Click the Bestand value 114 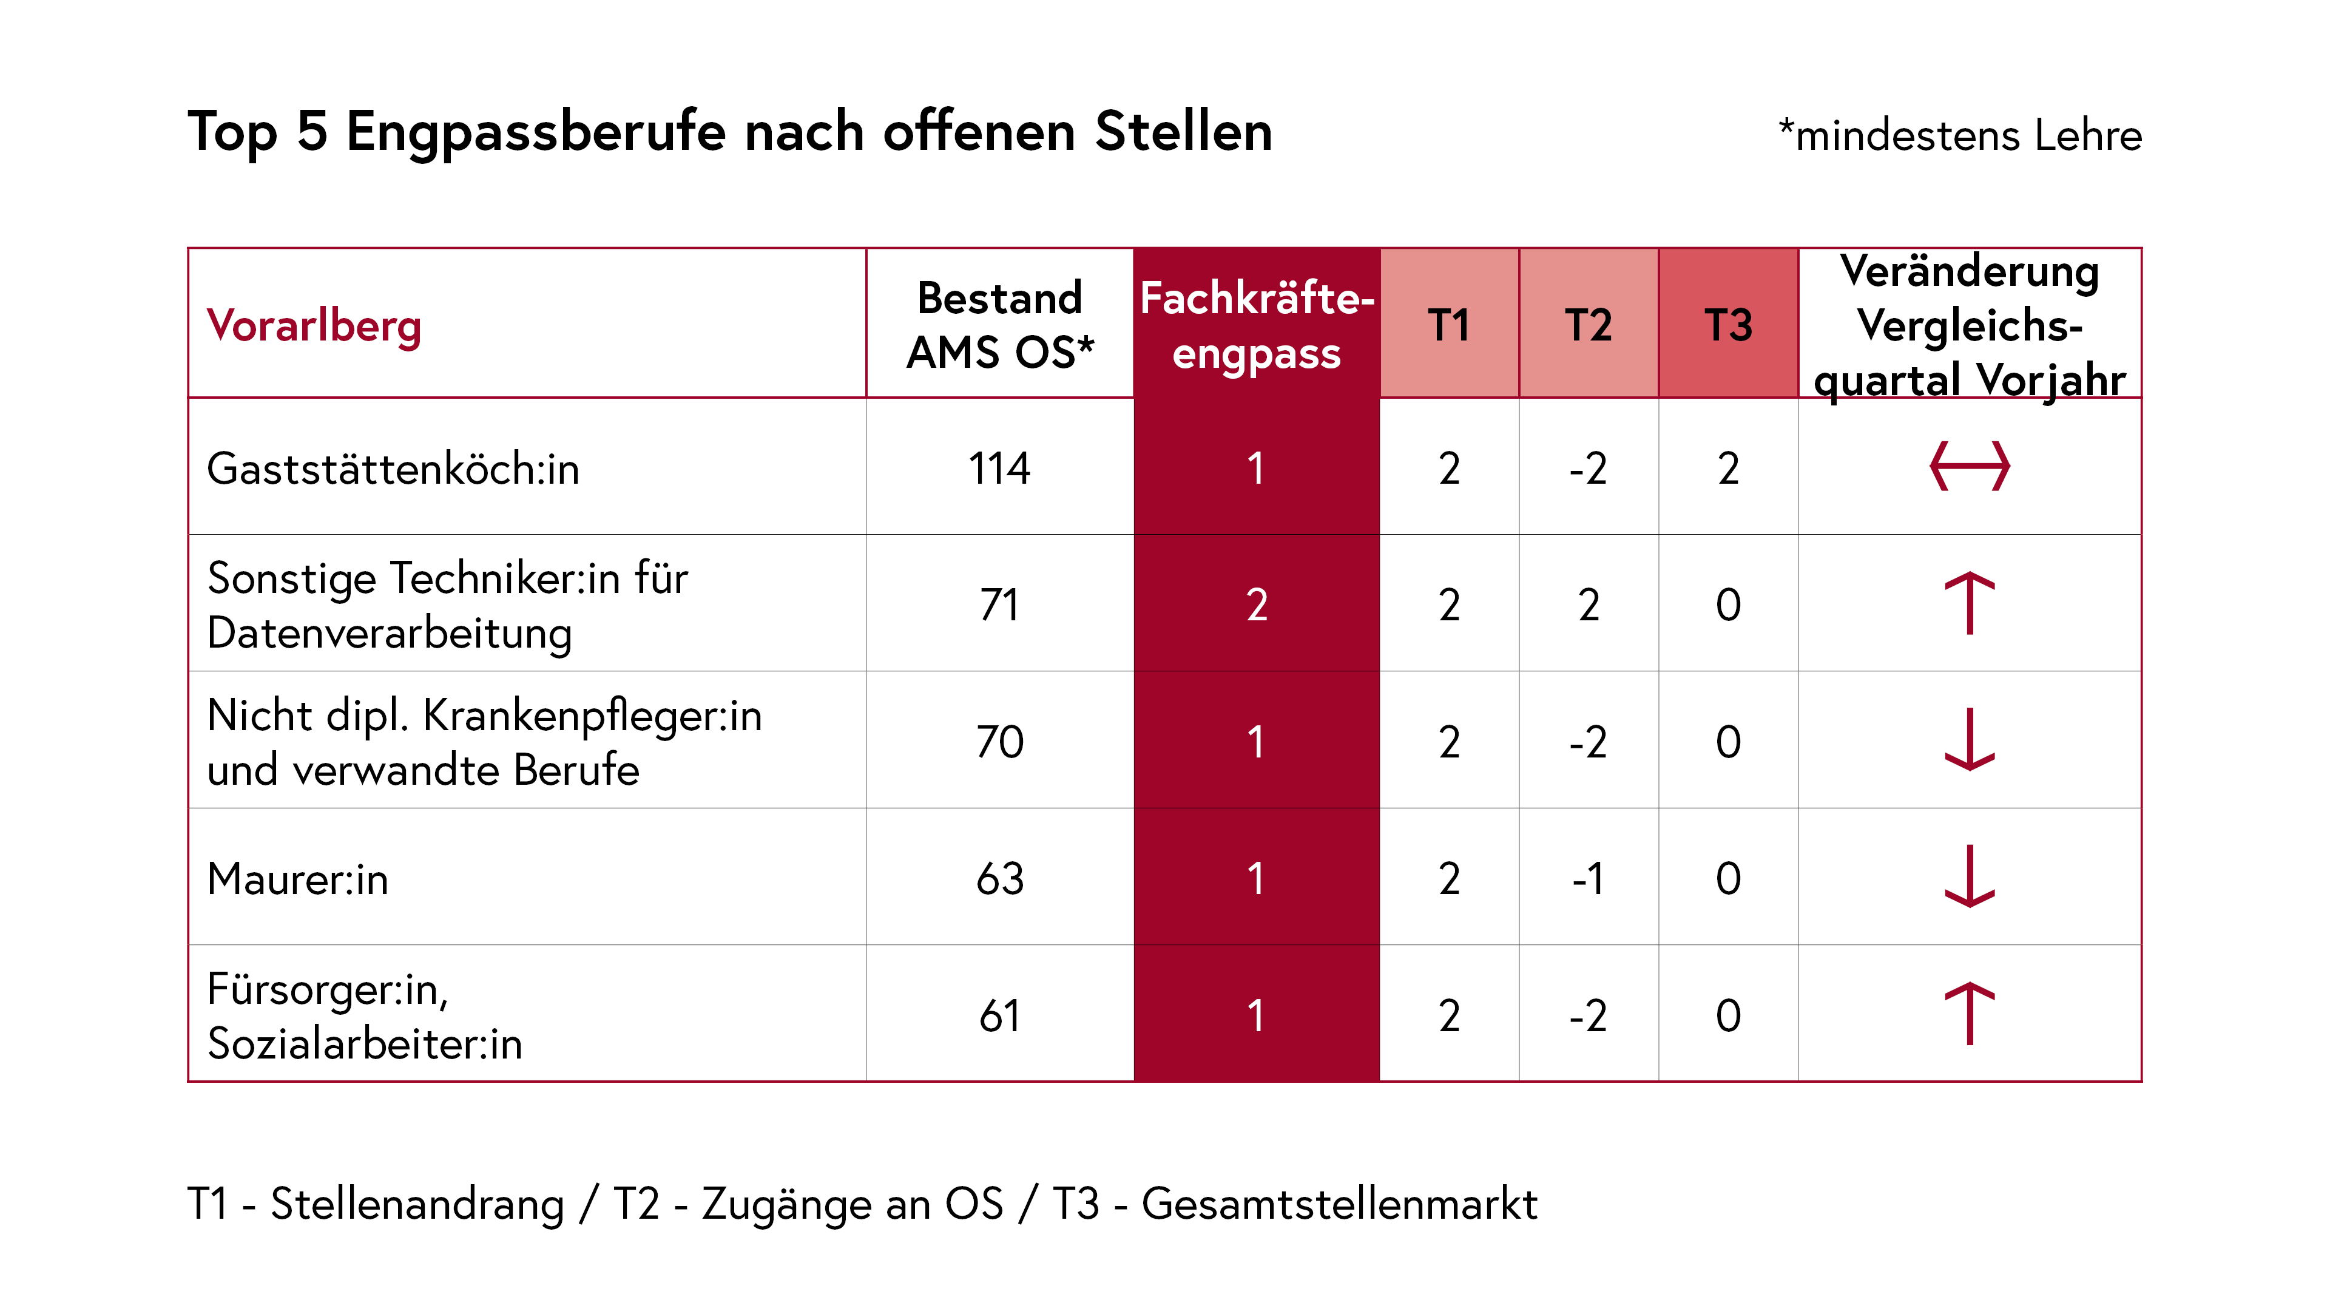[999, 469]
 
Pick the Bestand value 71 [999, 605]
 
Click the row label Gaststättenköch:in [393, 469]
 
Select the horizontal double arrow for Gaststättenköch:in [1969, 467]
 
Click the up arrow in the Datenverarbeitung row [1969, 603]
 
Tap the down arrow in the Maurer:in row [1969, 876]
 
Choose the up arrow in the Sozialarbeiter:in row [1969, 1014]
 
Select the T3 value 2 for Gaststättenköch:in [1727, 469]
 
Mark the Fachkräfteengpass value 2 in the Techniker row [1257, 605]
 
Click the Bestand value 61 [999, 1015]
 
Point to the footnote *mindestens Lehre [1959, 136]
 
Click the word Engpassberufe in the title [535, 132]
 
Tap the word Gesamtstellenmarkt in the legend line [1339, 1204]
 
